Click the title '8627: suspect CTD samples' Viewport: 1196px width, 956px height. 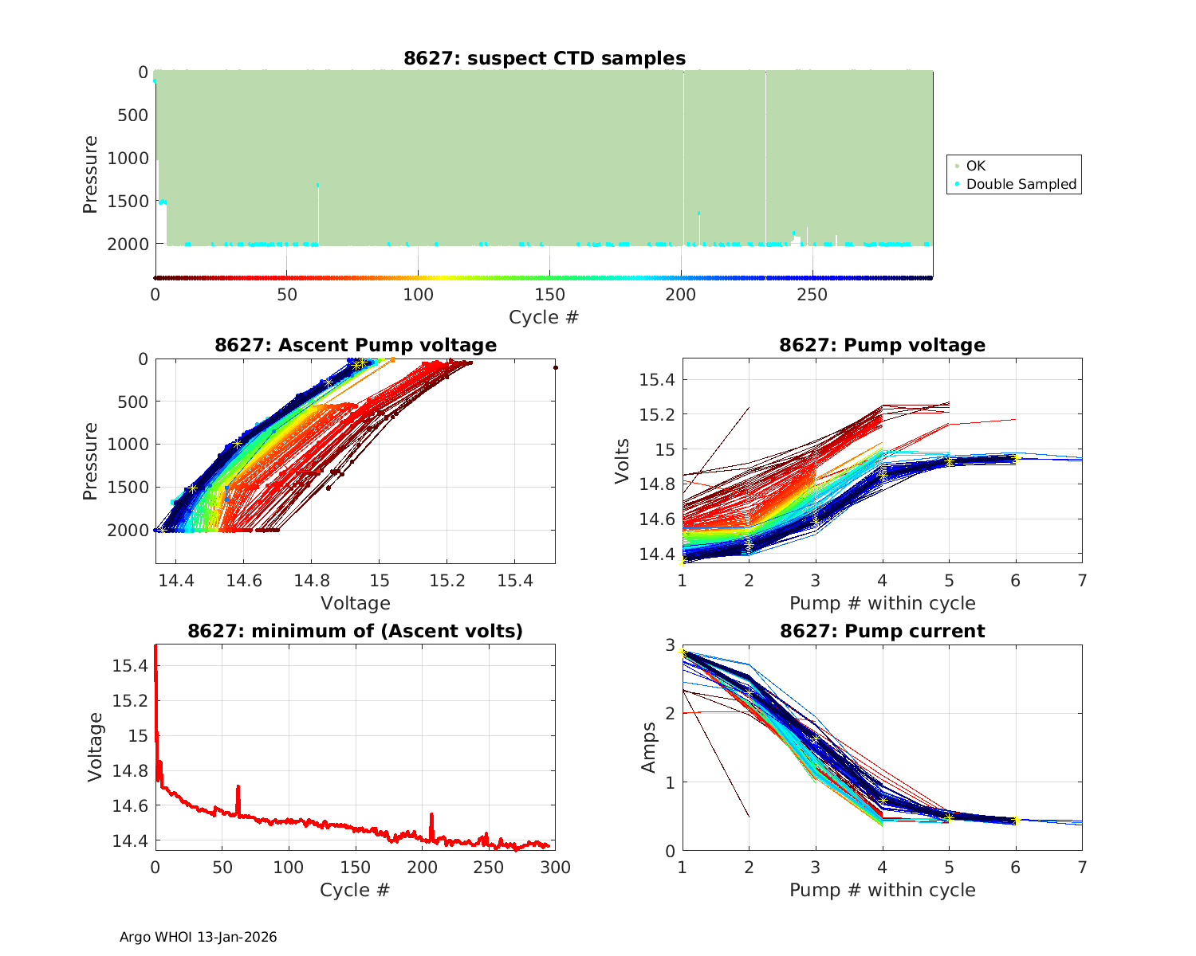click(545, 58)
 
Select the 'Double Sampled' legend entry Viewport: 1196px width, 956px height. click(1021, 184)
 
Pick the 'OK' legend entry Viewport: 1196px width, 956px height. click(975, 166)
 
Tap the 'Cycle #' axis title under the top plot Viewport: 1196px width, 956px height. click(544, 317)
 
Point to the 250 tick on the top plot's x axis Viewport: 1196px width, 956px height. click(812, 295)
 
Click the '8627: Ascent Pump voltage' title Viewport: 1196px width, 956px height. click(355, 345)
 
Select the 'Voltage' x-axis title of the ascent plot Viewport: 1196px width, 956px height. click(355, 603)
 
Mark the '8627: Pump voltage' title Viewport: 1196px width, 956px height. click(882, 345)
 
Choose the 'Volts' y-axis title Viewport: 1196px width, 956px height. click(623, 460)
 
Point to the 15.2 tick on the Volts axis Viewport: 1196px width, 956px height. click(656, 414)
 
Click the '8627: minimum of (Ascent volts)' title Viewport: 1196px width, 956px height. click(355, 631)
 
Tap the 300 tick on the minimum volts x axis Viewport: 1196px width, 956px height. click(555, 868)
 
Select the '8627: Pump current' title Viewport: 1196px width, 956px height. click(882, 631)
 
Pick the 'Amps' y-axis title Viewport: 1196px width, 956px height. click(649, 747)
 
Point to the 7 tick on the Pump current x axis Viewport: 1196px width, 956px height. click(1082, 868)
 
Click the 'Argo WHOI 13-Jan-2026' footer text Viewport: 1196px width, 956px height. click(198, 937)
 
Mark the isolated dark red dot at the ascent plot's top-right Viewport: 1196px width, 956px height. click(555, 367)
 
